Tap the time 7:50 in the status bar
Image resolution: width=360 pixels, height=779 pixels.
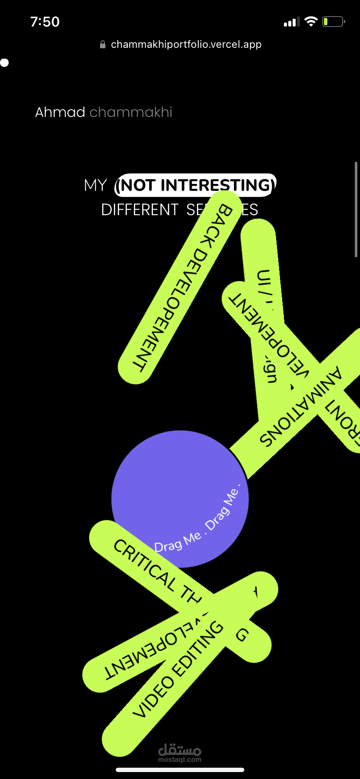tap(45, 22)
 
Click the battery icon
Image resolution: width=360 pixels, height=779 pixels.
tap(333, 22)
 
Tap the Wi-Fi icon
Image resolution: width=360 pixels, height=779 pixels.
tap(311, 21)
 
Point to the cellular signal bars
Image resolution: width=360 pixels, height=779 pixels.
tap(291, 22)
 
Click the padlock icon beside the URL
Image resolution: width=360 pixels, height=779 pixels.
tap(103, 44)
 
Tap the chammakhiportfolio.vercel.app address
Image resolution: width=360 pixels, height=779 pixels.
tap(186, 44)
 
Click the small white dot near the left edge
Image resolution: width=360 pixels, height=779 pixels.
tap(5, 63)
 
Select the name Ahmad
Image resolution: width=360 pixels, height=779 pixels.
tap(60, 112)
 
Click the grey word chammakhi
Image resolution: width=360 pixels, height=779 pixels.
tap(131, 112)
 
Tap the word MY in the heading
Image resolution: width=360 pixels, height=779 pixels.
tap(95, 186)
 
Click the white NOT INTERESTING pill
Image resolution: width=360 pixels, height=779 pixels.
tap(195, 185)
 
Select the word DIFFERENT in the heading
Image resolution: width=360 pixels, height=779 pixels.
tap(140, 210)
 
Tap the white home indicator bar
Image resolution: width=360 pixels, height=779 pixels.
tap(180, 769)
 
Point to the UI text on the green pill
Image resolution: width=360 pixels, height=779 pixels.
tap(264, 278)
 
